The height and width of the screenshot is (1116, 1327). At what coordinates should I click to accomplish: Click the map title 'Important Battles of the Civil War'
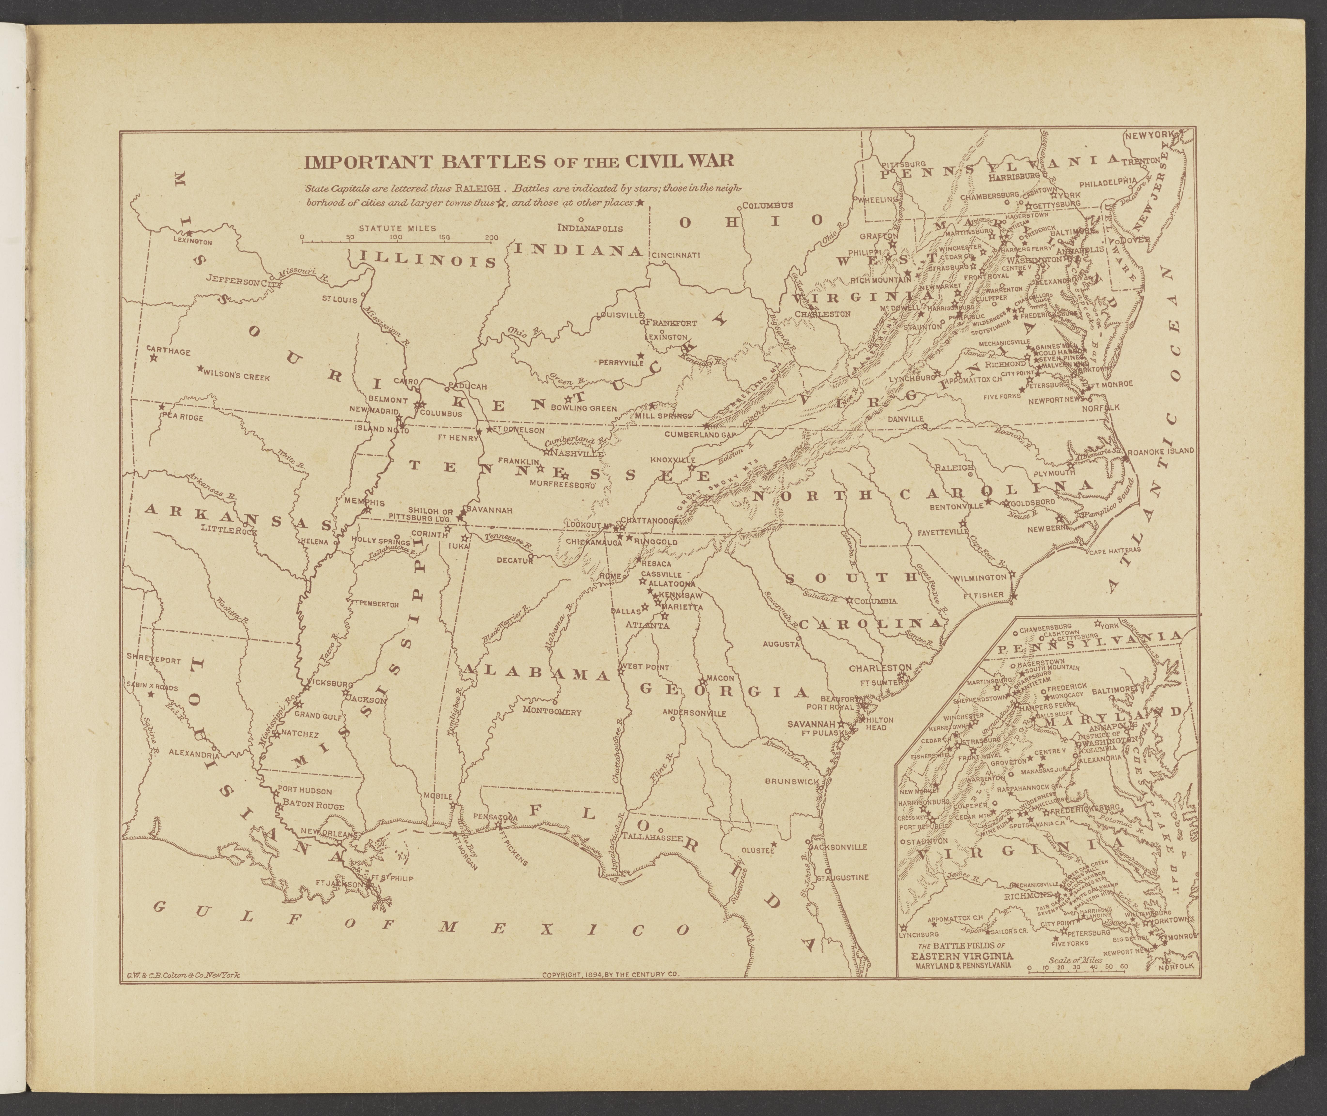[519, 161]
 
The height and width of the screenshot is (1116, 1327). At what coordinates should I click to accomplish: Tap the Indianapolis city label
[590, 228]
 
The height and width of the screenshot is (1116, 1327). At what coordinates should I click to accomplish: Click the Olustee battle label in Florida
[757, 851]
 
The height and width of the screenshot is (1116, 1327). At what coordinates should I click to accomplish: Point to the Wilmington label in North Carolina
[981, 578]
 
